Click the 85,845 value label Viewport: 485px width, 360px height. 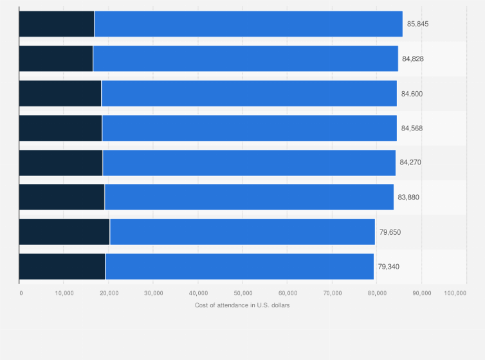[417, 24]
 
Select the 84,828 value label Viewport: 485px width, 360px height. [413, 59]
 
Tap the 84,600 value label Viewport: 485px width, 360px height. [412, 93]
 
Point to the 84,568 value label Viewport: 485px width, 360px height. [412, 128]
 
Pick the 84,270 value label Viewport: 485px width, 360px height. [410, 163]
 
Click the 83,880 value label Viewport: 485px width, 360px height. [408, 197]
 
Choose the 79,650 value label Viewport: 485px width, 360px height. [390, 232]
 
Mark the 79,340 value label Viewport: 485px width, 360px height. [389, 267]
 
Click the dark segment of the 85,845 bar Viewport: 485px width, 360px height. [57, 24]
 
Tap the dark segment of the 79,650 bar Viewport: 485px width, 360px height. [64, 232]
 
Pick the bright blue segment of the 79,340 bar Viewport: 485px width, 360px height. [239, 267]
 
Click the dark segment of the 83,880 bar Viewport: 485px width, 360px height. [62, 197]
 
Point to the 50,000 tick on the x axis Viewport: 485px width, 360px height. [243, 293]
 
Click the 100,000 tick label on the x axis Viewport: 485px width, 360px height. [455, 293]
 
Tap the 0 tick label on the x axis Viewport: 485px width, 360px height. [21, 293]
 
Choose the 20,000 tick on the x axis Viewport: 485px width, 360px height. [109, 293]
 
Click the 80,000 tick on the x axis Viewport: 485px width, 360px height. [377, 293]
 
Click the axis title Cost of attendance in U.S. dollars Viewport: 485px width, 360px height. [243, 305]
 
